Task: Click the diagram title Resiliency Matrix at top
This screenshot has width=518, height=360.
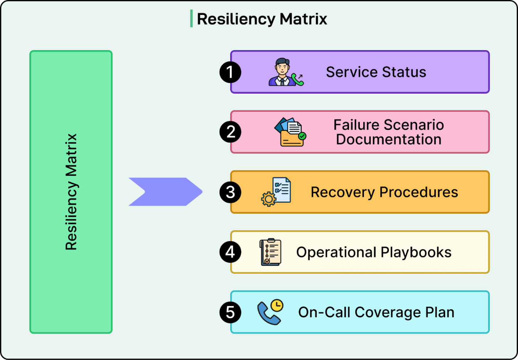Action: point(262,19)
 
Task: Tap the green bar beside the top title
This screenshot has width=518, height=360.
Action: point(191,19)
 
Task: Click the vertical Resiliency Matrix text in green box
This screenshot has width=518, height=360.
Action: point(71,192)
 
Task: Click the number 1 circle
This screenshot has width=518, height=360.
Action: point(230,72)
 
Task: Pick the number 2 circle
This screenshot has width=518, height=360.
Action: point(230,132)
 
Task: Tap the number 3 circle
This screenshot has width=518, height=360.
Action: point(230,192)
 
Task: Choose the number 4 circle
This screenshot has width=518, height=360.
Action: point(230,252)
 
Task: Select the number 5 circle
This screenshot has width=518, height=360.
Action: point(230,312)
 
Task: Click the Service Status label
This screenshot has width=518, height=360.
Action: point(376,72)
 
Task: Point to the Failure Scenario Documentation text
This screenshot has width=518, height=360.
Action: point(388,132)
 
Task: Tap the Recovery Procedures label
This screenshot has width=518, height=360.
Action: point(384,192)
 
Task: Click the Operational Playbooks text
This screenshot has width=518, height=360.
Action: point(374,252)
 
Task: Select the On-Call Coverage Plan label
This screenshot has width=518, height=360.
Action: point(376,312)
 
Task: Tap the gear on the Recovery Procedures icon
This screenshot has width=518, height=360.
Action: point(269,199)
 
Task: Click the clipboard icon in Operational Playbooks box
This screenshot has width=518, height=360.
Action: point(271,252)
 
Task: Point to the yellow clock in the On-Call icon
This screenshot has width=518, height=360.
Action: point(277,305)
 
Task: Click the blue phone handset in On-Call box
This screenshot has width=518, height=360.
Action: point(267,314)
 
